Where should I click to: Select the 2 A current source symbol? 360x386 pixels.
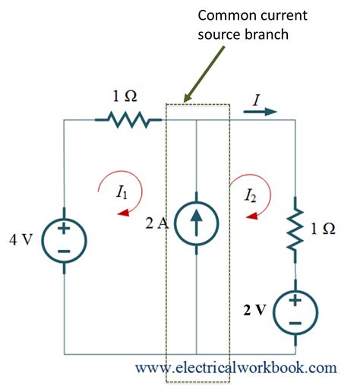pos(196,223)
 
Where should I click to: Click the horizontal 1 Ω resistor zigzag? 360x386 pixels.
pos(128,120)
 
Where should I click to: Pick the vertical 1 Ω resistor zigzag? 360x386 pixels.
pos(295,229)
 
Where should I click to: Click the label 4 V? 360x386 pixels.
pos(21,239)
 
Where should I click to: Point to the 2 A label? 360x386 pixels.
pos(156,223)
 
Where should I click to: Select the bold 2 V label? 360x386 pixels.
pos(254,309)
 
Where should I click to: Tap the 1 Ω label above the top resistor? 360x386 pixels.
pos(125,96)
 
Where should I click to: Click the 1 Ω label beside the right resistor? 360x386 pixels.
pos(323,229)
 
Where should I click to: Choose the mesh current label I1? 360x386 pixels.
pos(122,191)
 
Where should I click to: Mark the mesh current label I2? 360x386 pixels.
pos(251,195)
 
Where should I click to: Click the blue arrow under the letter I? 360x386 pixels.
pos(261,112)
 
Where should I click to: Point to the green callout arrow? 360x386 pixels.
pos(204,74)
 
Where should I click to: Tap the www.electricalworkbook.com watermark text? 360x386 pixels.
pos(236,368)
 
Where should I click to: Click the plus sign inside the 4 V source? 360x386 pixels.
pos(64,229)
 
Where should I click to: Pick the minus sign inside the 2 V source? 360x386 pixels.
pos(295,323)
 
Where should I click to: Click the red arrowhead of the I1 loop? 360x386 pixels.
pos(123,213)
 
